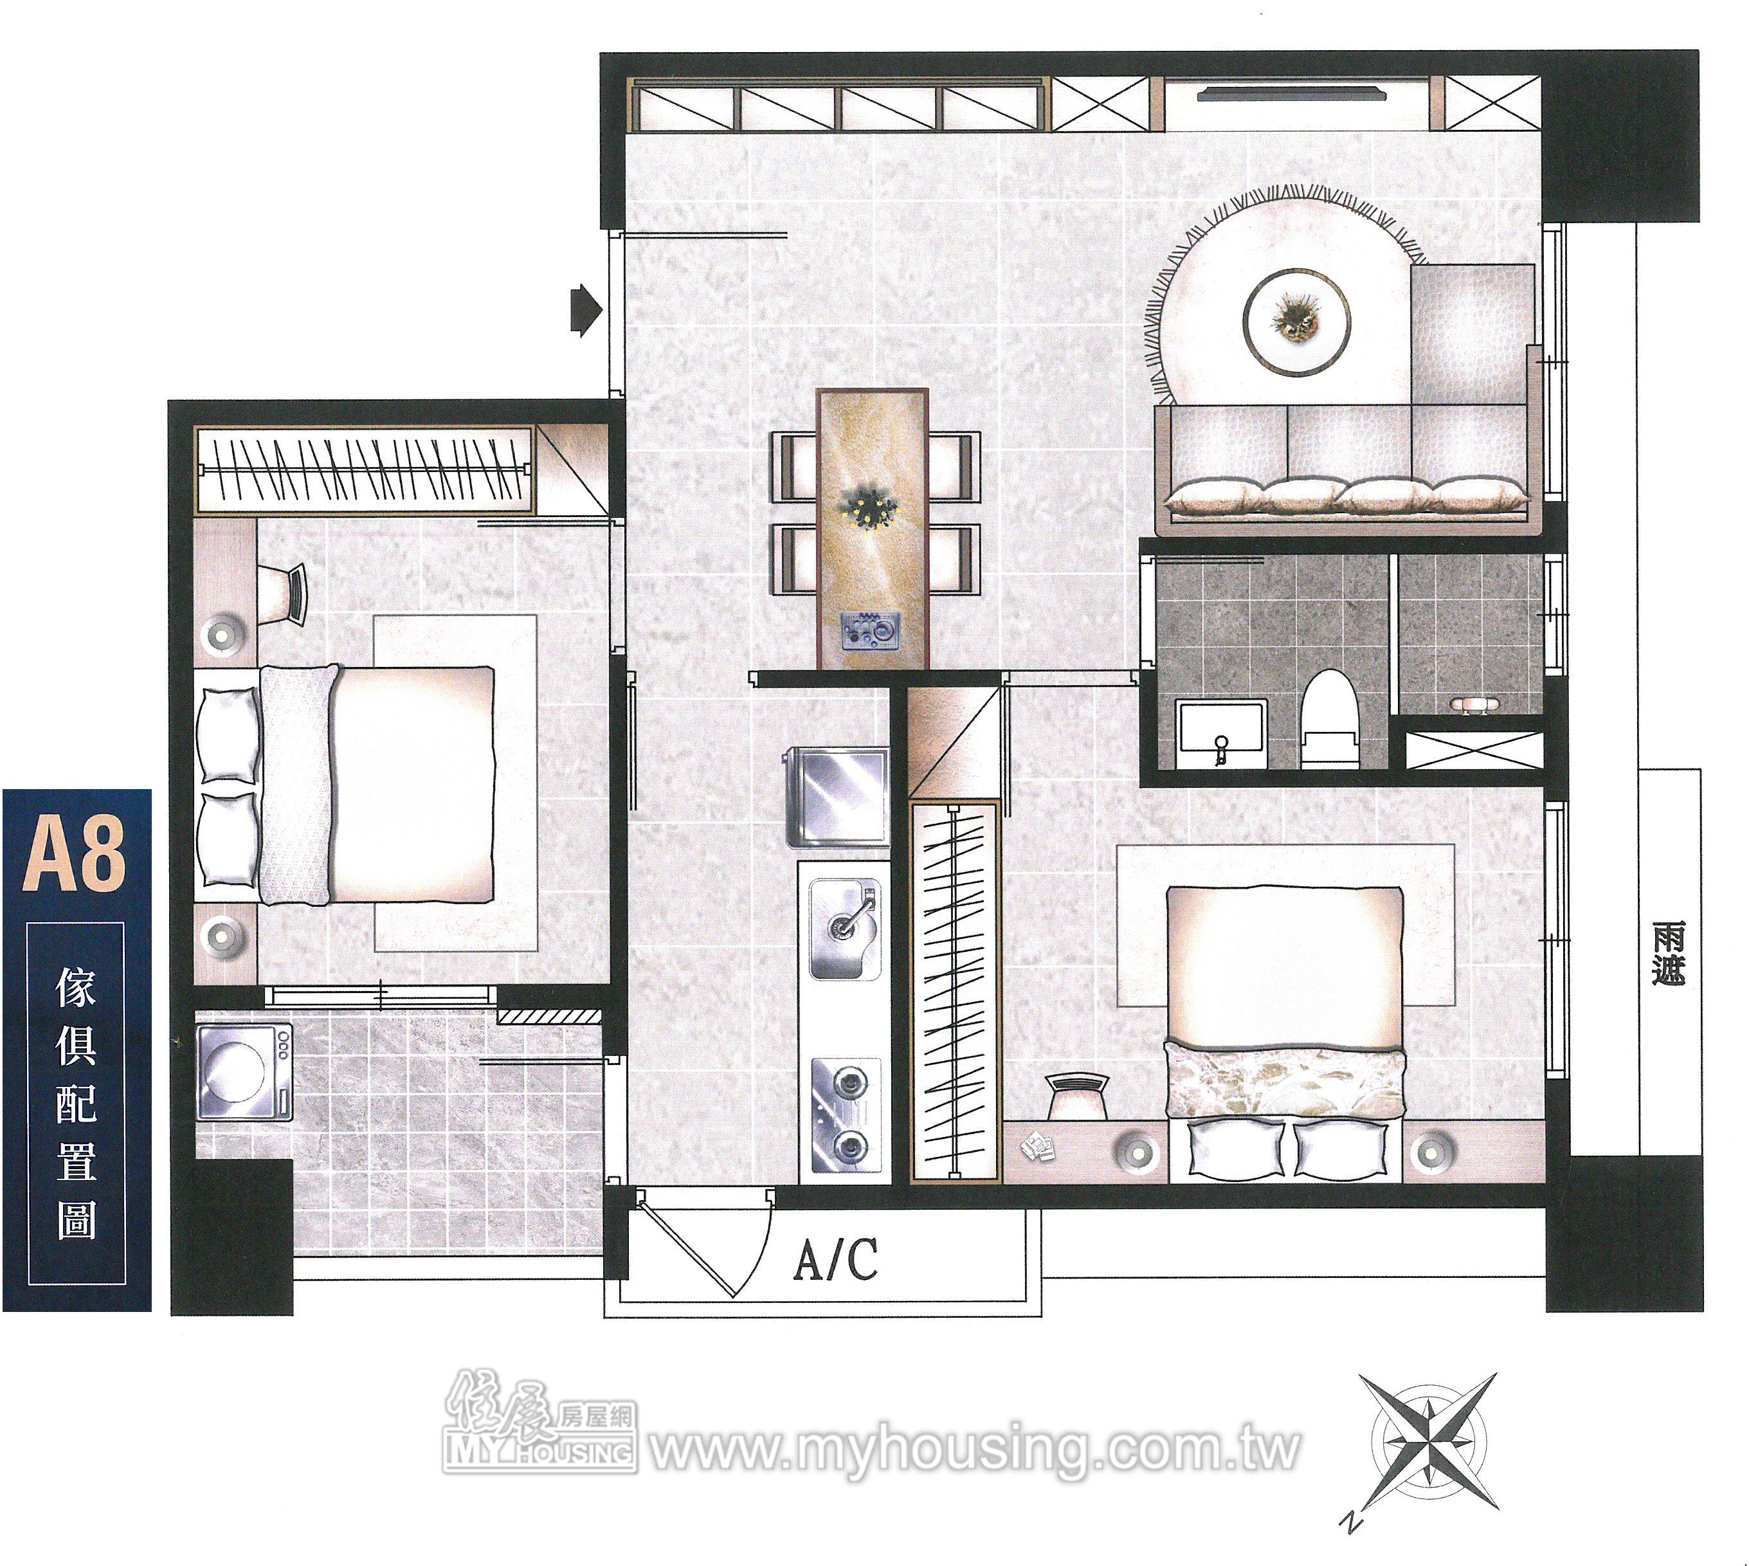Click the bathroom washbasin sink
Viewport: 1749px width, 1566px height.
[x=1222, y=734]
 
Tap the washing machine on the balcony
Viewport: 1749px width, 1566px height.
[x=244, y=1071]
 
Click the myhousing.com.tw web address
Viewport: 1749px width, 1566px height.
[x=973, y=1448]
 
